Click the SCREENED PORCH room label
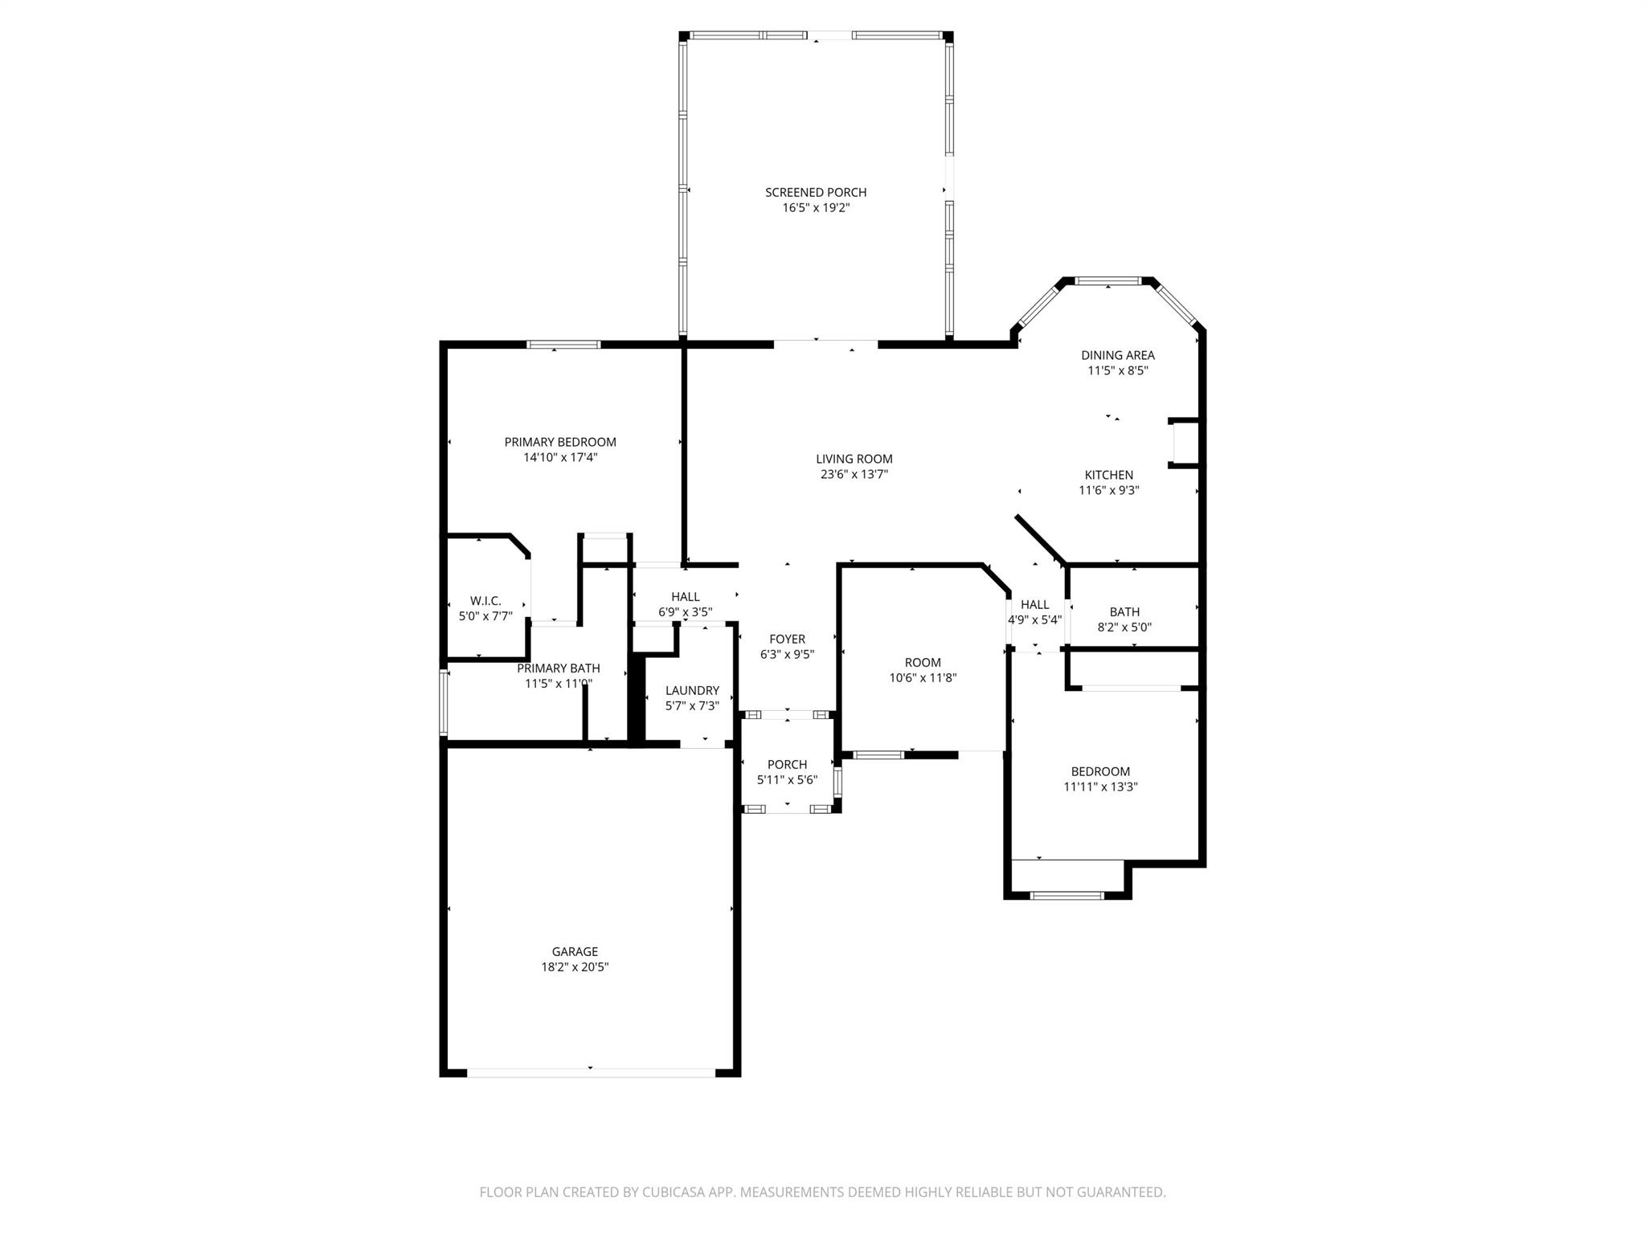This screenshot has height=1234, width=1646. (815, 192)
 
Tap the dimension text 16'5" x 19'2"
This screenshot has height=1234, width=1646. (815, 208)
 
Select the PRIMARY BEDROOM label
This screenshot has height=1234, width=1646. (560, 442)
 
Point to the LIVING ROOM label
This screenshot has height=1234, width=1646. (854, 459)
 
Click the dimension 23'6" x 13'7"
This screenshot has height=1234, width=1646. (854, 475)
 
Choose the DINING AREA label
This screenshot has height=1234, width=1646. (1117, 355)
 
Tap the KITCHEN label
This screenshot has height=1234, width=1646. (1108, 475)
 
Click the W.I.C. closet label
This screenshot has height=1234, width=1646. (485, 601)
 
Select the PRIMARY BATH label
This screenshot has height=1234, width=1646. (558, 668)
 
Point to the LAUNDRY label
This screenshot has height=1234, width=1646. (692, 690)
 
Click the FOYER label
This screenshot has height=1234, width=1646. (787, 639)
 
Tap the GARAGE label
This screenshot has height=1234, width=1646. (575, 952)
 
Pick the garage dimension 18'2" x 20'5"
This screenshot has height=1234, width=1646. (575, 968)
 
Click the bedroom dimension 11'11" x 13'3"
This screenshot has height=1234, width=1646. (1100, 787)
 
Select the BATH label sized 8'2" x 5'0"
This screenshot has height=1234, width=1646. (1124, 612)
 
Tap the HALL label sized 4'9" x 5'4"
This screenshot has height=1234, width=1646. (1034, 605)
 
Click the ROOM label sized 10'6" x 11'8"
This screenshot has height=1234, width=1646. (923, 663)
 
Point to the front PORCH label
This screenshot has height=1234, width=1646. (787, 765)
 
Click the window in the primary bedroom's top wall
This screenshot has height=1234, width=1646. (563, 345)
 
